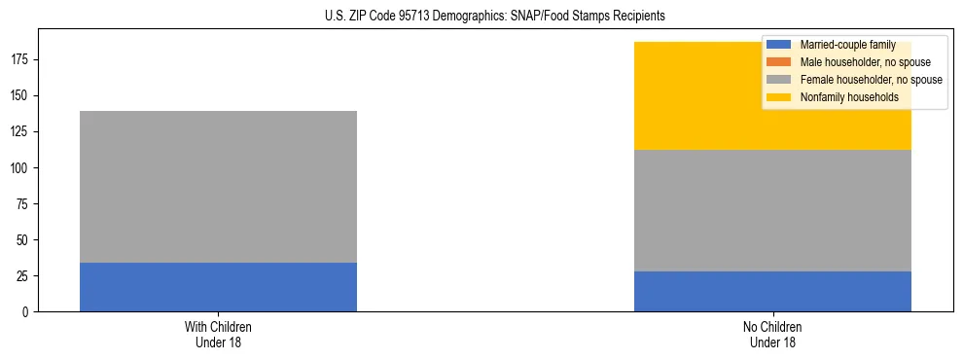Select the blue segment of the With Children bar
218,287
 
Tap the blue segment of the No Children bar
772,291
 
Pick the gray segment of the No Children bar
772,210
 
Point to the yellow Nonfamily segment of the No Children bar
700,96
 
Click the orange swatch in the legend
779,62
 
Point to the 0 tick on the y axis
28,312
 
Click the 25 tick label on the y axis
25,276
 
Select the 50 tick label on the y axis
25,240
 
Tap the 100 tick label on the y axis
22,168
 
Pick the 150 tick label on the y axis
22,96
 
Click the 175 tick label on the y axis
22,60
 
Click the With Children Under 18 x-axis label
218,334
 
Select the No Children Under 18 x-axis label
772,334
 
